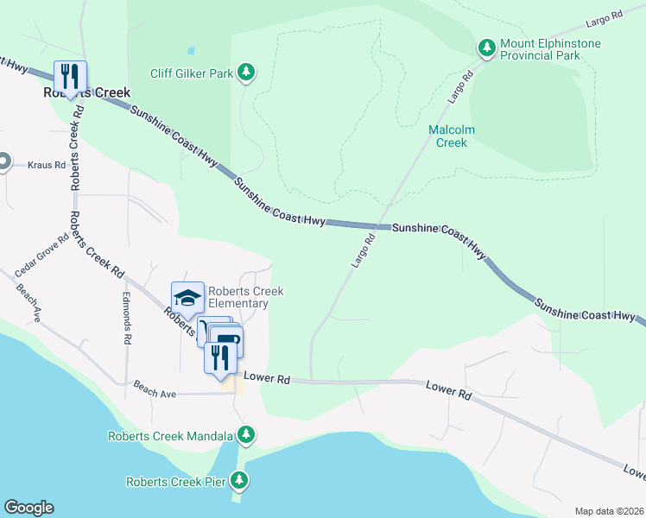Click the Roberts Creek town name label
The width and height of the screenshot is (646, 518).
pyautogui.click(x=87, y=92)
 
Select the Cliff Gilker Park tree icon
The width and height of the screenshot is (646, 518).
pyautogui.click(x=247, y=73)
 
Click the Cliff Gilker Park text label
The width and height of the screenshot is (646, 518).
pyautogui.click(x=191, y=73)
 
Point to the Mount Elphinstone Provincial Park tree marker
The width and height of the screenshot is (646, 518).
pyautogui.click(x=487, y=47)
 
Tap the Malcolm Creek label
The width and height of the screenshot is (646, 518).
pyautogui.click(x=453, y=136)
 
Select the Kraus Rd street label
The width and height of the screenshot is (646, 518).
pyautogui.click(x=47, y=164)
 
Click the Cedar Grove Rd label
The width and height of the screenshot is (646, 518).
pyautogui.click(x=41, y=251)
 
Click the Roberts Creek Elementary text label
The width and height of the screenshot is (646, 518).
pyautogui.click(x=245, y=297)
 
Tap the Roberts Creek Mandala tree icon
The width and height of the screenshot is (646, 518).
pyautogui.click(x=247, y=434)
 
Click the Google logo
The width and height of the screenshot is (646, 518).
pyautogui.click(x=28, y=508)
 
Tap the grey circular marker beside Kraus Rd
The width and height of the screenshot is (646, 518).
pyautogui.click(x=3, y=161)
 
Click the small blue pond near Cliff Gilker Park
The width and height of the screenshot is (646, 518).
pyautogui.click(x=191, y=51)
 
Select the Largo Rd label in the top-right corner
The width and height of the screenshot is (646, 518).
pyautogui.click(x=605, y=17)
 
